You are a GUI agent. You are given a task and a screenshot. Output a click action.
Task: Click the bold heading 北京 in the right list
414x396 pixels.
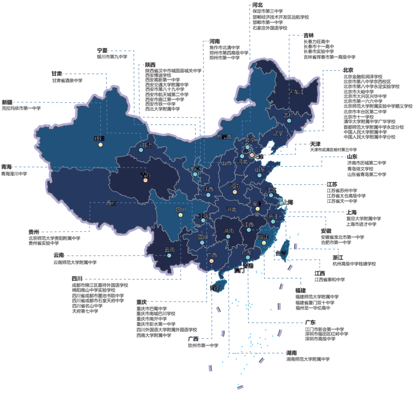pyautogui.click(x=348, y=70)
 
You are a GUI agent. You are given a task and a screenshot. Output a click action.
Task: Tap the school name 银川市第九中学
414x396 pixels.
pyautogui.click(x=112, y=57)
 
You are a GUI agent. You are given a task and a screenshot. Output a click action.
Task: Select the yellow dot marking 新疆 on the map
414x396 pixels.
pyautogui.click(x=100, y=145)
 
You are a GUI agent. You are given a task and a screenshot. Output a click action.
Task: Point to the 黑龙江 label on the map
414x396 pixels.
pyautogui.click(x=296, y=92)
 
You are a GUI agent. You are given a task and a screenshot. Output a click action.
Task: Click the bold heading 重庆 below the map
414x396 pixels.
pyautogui.click(x=141, y=302)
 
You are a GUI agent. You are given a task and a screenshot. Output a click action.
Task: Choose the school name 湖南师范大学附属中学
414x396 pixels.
pyautogui.click(x=308, y=359)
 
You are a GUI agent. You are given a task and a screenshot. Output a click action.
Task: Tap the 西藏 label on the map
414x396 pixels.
pyautogui.click(x=112, y=203)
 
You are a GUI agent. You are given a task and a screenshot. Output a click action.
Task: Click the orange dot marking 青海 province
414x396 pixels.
pyautogui.click(x=146, y=180)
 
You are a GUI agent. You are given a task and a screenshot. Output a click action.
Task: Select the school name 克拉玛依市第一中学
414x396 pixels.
pyautogui.click(x=21, y=108)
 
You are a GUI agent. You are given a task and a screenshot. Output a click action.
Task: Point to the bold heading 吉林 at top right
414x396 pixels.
pyautogui.click(x=309, y=35)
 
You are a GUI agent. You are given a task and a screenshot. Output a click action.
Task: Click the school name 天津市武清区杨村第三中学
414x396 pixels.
pyautogui.click(x=333, y=150)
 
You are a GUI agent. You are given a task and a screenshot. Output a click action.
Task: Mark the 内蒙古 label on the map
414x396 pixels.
pyautogui.click(x=224, y=137)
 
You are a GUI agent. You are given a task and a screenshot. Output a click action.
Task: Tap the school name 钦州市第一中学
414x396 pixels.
pyautogui.click(x=203, y=345)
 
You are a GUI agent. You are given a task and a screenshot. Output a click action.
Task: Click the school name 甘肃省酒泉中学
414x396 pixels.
pyautogui.click(x=67, y=81)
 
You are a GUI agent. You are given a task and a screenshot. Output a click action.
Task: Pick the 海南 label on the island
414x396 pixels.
pyautogui.click(x=215, y=288)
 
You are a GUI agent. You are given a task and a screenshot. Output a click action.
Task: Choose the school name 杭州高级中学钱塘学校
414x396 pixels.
pyautogui.click(x=354, y=264)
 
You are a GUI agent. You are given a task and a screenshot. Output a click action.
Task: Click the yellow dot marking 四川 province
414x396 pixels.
pyautogui.click(x=181, y=215)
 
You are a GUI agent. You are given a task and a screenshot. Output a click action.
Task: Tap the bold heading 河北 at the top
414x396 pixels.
pyautogui.click(x=257, y=5)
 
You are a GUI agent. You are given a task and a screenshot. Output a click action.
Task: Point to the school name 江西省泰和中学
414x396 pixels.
pyautogui.click(x=330, y=280)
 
